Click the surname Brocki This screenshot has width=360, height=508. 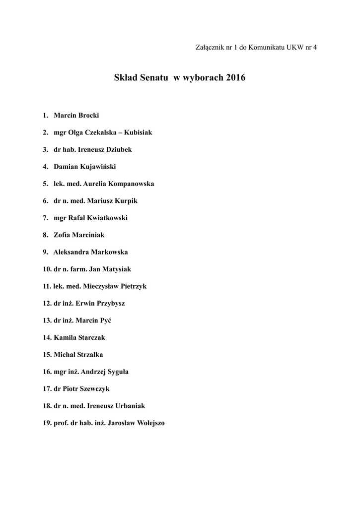pos(88,115)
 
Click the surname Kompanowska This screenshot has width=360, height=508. pos(132,184)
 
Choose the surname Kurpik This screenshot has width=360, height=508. pos(125,201)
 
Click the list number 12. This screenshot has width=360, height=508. pos(47,304)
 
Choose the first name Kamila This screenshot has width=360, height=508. pos(65,338)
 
